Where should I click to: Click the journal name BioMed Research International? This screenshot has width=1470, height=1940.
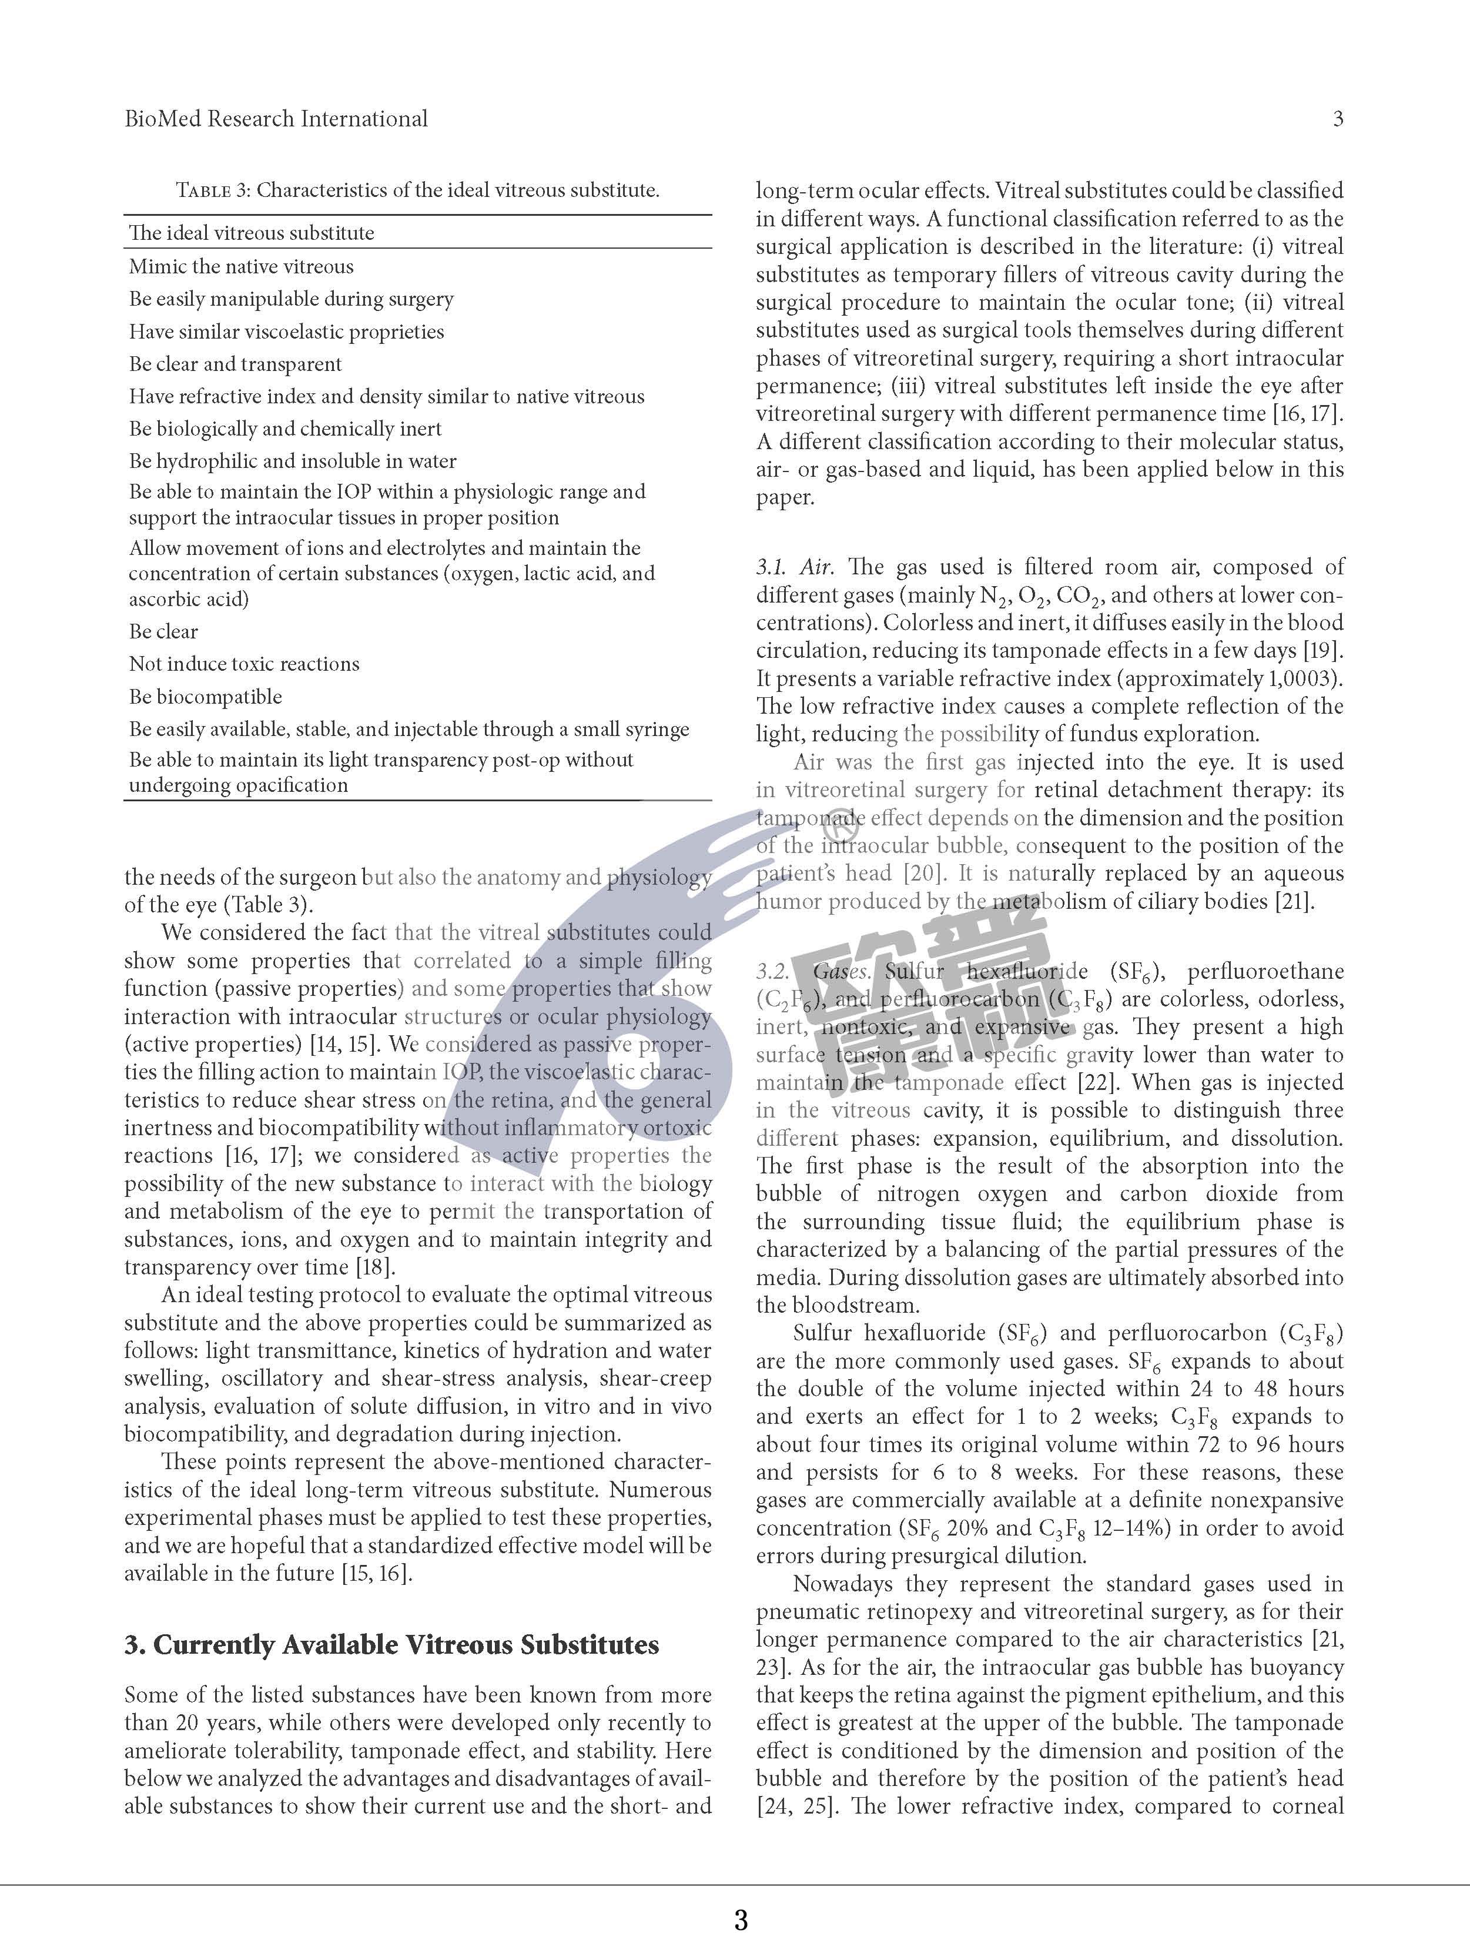pyautogui.click(x=276, y=119)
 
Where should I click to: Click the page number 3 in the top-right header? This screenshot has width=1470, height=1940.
pyautogui.click(x=1338, y=119)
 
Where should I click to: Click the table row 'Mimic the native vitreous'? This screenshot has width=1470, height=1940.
pyautogui.click(x=241, y=267)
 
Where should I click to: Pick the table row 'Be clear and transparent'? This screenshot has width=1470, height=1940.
pyautogui.click(x=235, y=364)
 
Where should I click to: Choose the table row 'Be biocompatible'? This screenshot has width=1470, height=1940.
pyautogui.click(x=205, y=697)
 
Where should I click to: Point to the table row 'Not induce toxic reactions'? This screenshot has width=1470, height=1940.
pyautogui.click(x=244, y=664)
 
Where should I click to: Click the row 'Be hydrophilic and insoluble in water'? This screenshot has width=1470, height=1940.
pyautogui.click(x=293, y=461)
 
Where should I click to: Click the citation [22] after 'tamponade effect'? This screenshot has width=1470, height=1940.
pyautogui.click(x=1096, y=1083)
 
